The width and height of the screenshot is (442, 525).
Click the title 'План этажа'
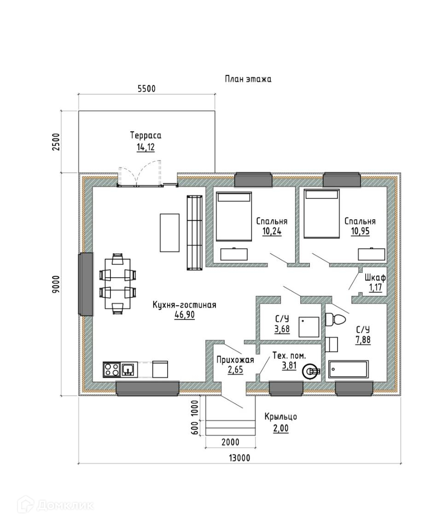tap(248, 79)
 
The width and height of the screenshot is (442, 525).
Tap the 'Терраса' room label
tap(145, 135)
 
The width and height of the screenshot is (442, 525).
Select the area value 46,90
tap(184, 315)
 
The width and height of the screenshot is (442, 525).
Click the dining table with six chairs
tap(118, 284)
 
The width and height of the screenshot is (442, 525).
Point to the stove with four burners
tap(112, 370)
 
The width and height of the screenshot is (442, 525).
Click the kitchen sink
tap(129, 370)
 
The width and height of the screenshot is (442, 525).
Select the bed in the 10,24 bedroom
tap(234, 216)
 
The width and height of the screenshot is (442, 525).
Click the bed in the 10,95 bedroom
tap(321, 214)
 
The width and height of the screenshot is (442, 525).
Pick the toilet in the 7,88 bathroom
tap(335, 319)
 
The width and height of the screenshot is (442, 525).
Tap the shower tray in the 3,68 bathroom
tap(309, 327)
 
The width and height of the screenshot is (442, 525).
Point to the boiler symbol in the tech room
tap(311, 371)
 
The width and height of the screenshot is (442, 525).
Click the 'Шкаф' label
tap(375, 278)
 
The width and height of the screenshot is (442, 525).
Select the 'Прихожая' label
tap(235, 360)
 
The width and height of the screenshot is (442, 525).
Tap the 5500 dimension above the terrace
tap(147, 89)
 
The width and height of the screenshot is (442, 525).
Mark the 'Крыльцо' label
tap(280, 417)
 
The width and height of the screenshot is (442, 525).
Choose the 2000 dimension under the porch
tap(230, 442)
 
